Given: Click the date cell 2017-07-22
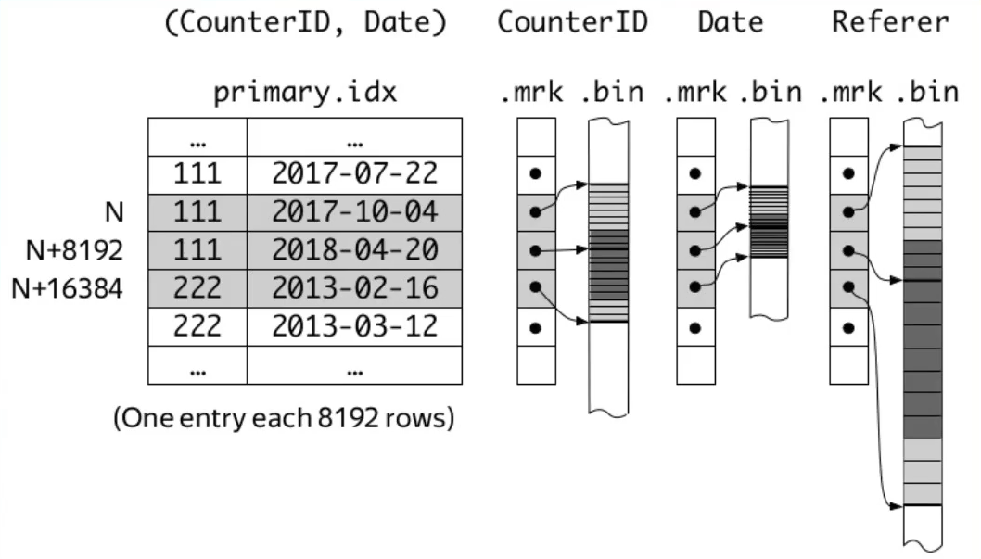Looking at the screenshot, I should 354,173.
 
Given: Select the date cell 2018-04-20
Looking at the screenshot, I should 354,250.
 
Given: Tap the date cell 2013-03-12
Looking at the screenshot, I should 354,326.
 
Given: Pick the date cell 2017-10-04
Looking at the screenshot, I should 354,212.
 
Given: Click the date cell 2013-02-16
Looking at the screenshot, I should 354,288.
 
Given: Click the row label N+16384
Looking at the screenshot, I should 68,288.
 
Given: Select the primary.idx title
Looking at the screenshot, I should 305,94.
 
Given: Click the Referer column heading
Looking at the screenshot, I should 890,22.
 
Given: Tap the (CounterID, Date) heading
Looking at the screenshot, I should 305,22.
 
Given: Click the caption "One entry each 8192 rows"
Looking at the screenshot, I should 284,418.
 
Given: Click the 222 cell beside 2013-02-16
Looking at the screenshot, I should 197,288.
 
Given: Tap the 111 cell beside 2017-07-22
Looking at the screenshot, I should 197,173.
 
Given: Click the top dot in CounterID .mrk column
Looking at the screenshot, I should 535,173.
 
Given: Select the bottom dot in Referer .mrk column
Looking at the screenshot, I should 847,327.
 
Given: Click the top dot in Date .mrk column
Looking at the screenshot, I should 695,173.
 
